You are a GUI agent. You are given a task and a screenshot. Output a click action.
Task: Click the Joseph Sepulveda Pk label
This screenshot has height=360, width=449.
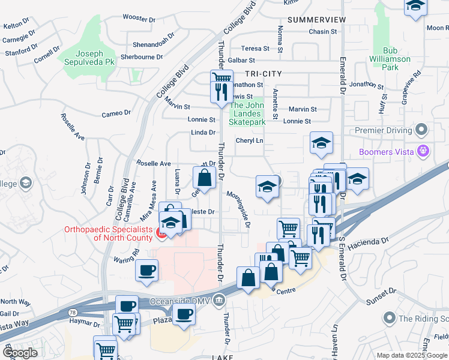(x=88, y=57)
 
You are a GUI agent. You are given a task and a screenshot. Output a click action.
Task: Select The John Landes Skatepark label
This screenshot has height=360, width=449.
(x=247, y=114)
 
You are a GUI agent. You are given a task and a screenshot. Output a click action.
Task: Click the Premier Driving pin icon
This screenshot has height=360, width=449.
(x=421, y=130)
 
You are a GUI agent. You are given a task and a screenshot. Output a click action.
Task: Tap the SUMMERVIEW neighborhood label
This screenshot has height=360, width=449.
(x=316, y=20)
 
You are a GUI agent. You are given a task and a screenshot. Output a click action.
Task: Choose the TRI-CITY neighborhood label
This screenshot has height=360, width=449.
(x=263, y=73)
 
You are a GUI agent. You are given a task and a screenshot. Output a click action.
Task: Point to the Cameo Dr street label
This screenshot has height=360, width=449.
(x=116, y=113)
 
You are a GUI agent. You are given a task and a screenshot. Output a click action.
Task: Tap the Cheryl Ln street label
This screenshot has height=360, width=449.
(x=249, y=140)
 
